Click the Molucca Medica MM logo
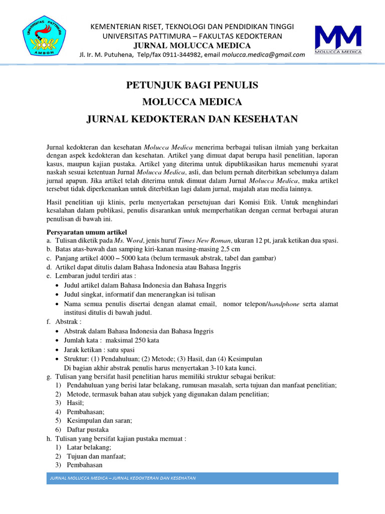pos(337,39)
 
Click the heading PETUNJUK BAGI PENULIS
pos(192,85)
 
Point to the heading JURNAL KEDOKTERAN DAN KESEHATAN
pos(192,119)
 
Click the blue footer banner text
pos(123,478)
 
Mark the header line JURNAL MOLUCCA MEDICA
pos(192,45)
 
